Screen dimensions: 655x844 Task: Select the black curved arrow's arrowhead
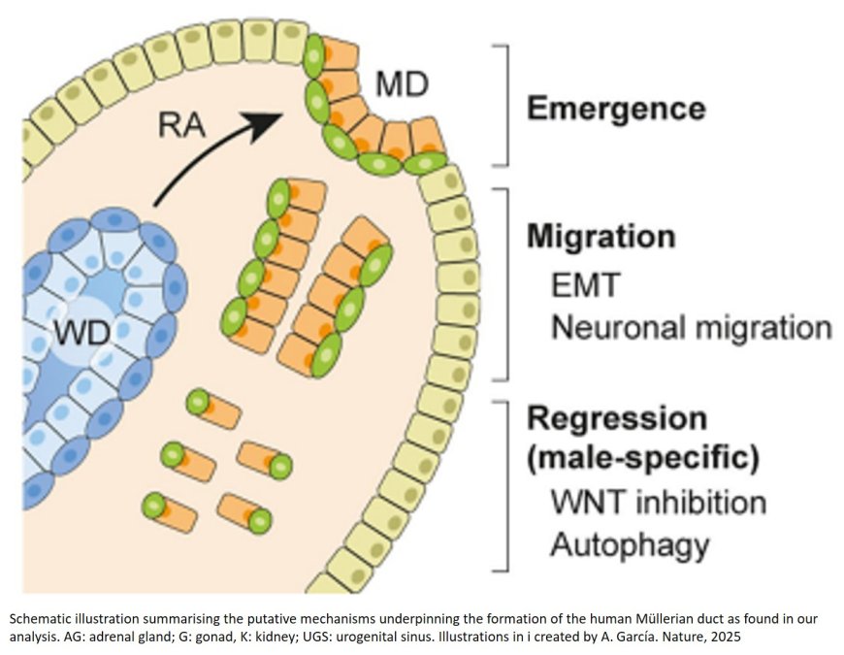coord(265,124)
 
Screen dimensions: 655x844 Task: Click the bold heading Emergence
coord(615,108)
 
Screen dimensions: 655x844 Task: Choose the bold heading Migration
coord(601,236)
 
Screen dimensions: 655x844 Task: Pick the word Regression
coord(616,418)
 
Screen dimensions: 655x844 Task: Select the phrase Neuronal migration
coord(691,328)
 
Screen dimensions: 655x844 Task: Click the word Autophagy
coord(629,545)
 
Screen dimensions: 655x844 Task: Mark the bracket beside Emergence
coord(501,105)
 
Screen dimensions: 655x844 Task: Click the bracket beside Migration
coord(503,283)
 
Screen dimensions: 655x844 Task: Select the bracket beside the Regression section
coord(503,483)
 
